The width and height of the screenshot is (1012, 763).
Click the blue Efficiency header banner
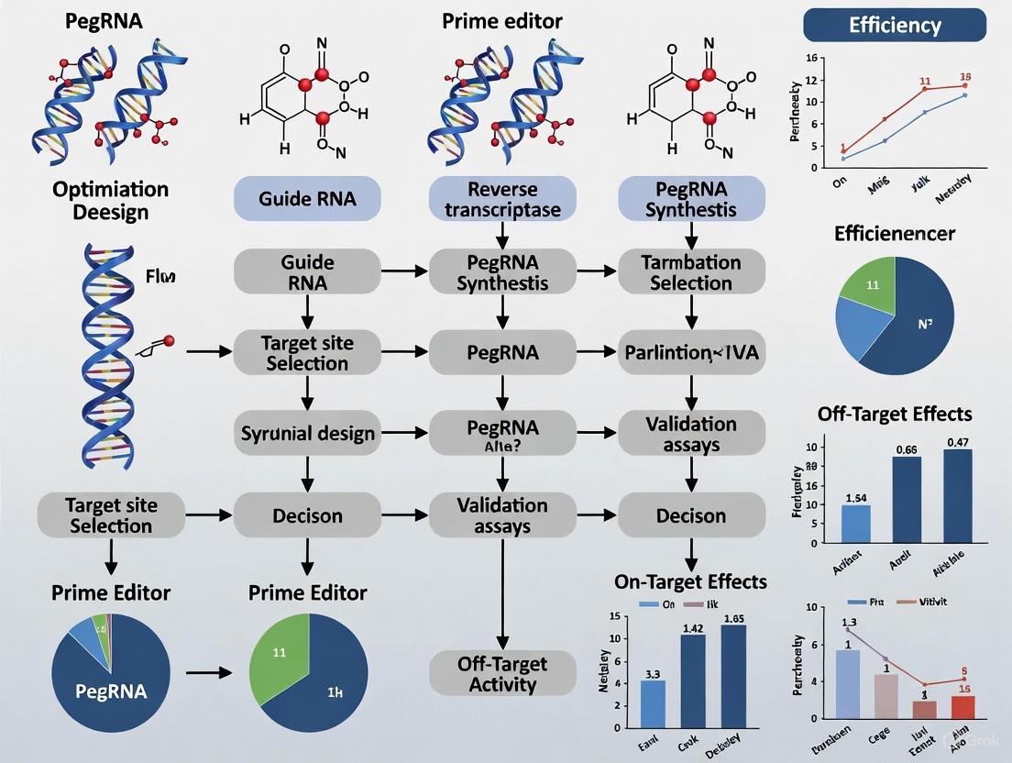pyautogui.click(x=894, y=25)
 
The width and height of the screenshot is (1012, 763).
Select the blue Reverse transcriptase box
pyautogui.click(x=502, y=199)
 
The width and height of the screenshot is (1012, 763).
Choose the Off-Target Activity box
pyautogui.click(x=501, y=673)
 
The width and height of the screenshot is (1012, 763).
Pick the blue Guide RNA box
pyautogui.click(x=308, y=199)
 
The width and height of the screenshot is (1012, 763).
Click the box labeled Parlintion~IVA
pyautogui.click(x=690, y=351)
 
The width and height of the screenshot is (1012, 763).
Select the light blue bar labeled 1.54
pyautogui.click(x=855, y=524)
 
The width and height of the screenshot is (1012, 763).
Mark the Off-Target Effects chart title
pyautogui.click(x=895, y=414)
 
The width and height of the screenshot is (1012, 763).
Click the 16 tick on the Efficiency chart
pyautogui.click(x=809, y=58)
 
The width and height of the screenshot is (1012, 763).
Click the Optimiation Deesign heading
pyautogui.click(x=110, y=200)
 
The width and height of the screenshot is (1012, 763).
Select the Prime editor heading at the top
pyautogui.click(x=502, y=20)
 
